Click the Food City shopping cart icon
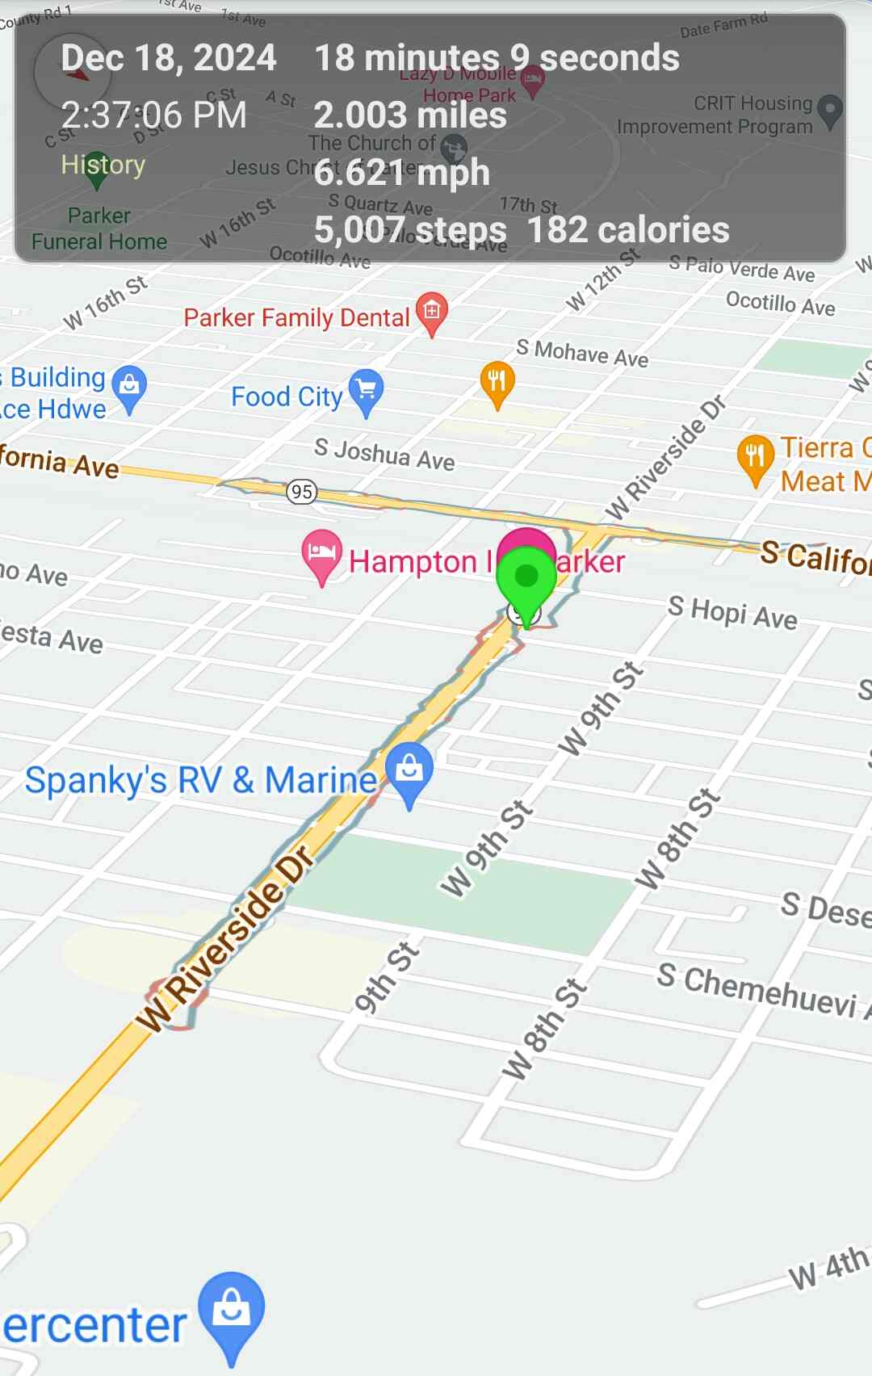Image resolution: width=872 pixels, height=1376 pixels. pos(367,391)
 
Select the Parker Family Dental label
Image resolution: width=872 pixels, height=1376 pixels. pos(297,317)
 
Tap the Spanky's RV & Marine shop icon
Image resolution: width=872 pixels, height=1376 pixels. pos(409,769)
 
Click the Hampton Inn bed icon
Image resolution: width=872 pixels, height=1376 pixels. pos(321,553)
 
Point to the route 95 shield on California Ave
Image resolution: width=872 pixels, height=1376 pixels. pos(302,491)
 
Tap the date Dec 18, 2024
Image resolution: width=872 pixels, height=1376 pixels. pos(169,58)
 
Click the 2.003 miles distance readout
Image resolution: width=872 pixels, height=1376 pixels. pos(410,115)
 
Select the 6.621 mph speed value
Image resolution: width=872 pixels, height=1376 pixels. pos(402,173)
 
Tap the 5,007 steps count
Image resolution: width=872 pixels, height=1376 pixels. pos(410,230)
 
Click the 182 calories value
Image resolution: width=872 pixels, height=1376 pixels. pos(628,230)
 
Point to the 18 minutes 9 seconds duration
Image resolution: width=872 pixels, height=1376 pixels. pos(497,58)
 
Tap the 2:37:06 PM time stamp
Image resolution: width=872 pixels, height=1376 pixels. pos(154,115)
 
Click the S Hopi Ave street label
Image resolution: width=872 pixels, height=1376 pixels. pos(732,612)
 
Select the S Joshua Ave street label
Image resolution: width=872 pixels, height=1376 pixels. pos(384,455)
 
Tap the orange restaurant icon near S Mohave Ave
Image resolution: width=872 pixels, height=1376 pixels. pos(497,381)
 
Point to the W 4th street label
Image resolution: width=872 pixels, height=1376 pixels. pos(828,1268)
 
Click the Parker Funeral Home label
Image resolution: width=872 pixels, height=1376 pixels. pos(99,229)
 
